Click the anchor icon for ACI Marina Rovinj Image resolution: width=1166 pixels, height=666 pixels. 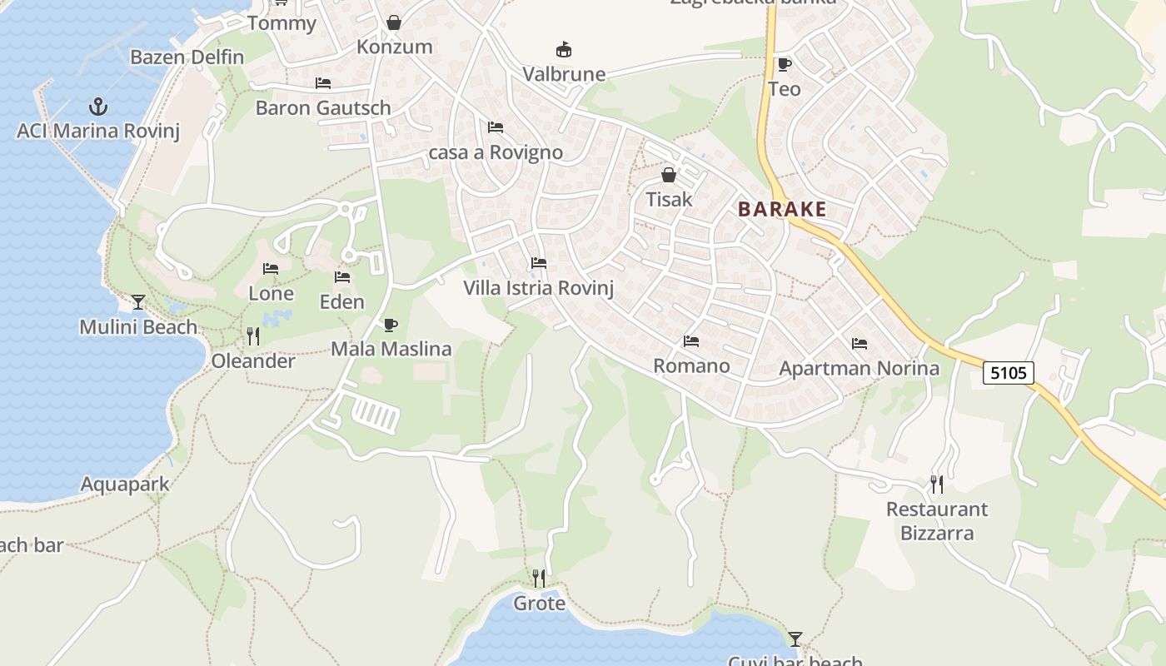coord(98,107)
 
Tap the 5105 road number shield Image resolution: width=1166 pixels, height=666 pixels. coord(1009,372)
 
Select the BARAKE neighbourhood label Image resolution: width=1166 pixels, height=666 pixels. coord(782,209)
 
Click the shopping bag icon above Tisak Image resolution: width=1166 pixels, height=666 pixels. coord(668,175)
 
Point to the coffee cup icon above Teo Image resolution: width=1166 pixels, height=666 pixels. coord(784,64)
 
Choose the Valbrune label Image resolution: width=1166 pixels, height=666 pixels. coord(564,74)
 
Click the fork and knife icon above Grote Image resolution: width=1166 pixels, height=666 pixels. coord(539,578)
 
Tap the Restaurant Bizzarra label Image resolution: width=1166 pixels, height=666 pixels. coord(937,520)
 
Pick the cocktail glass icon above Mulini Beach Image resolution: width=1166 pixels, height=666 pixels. coord(138,302)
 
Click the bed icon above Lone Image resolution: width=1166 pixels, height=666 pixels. coord(271,269)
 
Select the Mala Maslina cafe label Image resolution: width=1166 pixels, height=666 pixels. coord(391,349)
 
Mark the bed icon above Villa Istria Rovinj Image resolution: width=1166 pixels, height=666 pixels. coord(539,264)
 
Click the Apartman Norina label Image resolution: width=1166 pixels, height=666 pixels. coord(859,368)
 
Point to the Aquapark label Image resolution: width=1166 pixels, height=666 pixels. coord(125,484)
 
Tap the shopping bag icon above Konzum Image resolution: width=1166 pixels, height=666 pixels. coord(394,22)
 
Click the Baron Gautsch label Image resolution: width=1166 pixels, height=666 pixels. coord(323,107)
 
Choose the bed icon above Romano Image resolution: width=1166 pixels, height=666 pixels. coord(691,341)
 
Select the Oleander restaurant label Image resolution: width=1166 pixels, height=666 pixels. coord(253,361)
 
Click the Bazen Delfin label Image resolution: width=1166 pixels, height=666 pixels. coord(187,57)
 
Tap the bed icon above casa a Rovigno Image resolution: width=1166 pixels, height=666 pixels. coord(496,127)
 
